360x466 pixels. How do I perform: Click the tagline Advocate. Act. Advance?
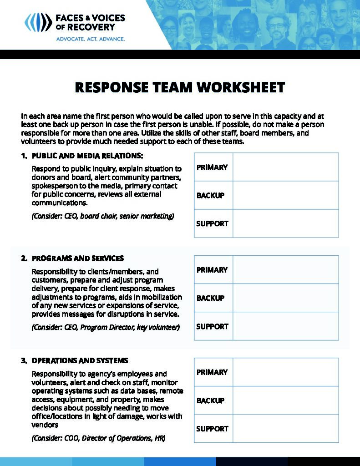pos(90,39)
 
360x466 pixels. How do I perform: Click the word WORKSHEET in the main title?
pos(237,87)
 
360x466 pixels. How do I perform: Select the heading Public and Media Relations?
pos(87,156)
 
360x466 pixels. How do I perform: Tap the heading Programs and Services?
pos(77,258)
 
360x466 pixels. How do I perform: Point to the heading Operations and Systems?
pos(80,360)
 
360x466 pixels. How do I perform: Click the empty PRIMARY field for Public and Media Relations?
pos(285,167)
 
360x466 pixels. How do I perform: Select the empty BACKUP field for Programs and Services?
pos(285,298)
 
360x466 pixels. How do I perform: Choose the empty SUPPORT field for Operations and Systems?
pos(285,429)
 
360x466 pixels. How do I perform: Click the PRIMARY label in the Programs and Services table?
pos(212,270)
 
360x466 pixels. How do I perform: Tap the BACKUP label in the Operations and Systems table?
pos(210,400)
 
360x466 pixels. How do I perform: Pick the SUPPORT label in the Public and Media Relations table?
pos(212,223)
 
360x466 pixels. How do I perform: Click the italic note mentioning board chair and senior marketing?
pos(103,216)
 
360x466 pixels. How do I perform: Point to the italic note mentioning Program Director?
pos(106,327)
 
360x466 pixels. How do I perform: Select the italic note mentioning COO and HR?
pos(98,438)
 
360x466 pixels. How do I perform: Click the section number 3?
pos(23,360)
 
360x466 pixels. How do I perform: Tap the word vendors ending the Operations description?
pos(45,425)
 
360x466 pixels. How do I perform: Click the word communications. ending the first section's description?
pos(59,203)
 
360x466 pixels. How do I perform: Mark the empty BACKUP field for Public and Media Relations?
pos(285,195)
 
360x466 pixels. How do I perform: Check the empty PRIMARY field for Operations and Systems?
pos(285,372)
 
